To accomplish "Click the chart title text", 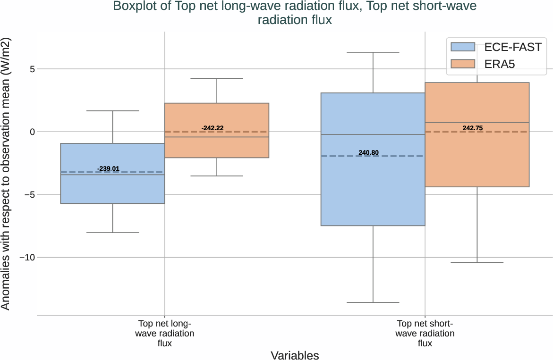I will [295, 13].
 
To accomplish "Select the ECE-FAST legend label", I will [512, 47].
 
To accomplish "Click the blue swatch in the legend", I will [462, 47].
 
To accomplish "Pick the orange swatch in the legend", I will [462, 64].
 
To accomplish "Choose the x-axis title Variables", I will [295, 355].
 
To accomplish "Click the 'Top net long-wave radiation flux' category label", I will [164, 334].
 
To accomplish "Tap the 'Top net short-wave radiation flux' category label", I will [425, 334].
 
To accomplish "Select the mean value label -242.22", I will [213, 128].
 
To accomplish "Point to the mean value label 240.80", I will [368, 152].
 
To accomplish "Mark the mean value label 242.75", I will [473, 128].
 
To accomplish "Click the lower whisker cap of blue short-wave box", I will [373, 302].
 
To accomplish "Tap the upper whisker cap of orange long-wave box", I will [217, 78].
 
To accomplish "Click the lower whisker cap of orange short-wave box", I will [477, 262].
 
